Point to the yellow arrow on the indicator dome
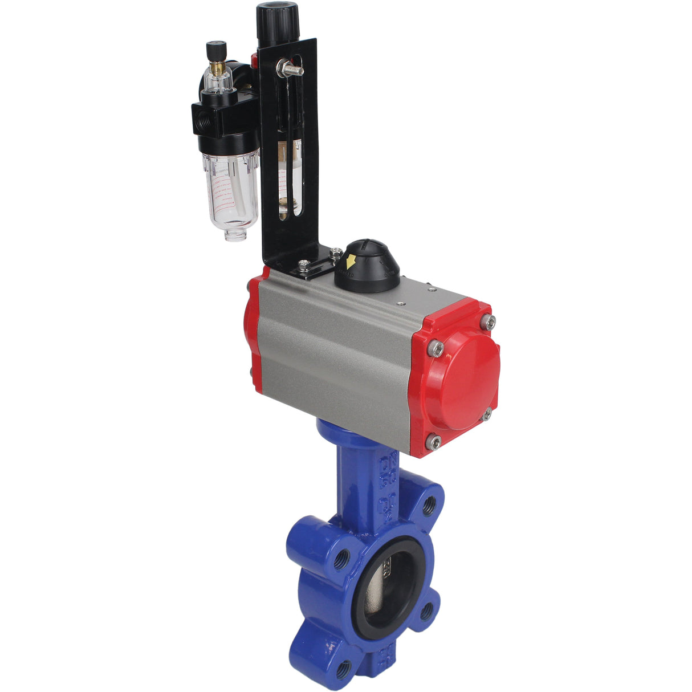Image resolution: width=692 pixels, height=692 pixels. pyautogui.click(x=351, y=262)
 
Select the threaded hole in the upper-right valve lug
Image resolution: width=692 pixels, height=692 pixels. pyautogui.click(x=429, y=504)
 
